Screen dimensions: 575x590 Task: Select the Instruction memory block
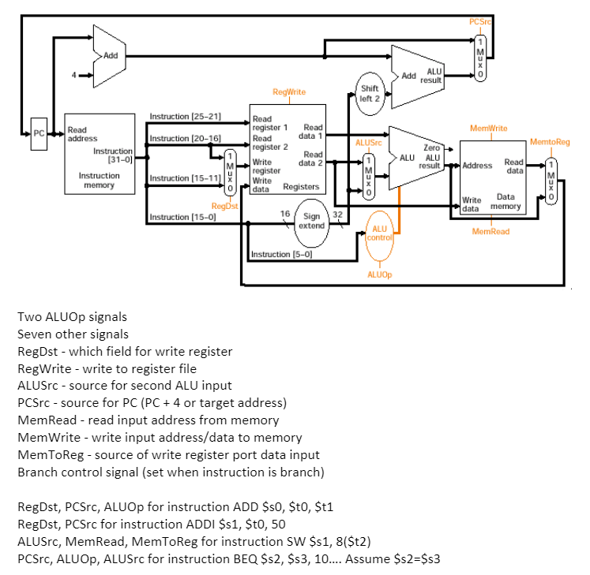(99, 154)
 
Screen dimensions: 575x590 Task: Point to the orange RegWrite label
(288, 92)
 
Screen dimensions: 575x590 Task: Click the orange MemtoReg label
(550, 142)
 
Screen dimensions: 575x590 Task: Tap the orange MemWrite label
(489, 128)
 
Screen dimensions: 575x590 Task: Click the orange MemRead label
(490, 231)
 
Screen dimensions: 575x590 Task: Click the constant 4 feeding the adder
(75, 76)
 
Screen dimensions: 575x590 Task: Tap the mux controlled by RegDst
(230, 172)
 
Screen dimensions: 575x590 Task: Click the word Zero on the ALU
(431, 147)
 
